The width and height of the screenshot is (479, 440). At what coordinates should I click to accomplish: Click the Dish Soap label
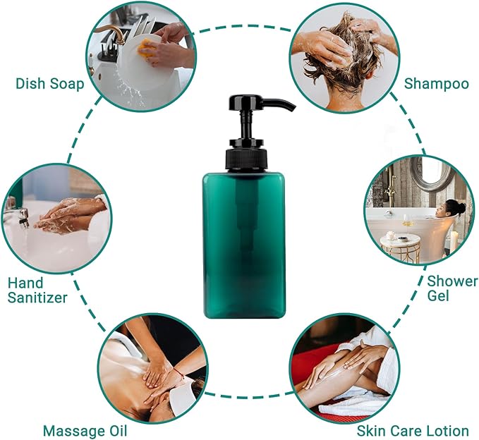point(49,84)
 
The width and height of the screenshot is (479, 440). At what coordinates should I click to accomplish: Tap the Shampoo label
point(436,84)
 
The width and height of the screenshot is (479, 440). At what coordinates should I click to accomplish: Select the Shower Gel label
point(452,288)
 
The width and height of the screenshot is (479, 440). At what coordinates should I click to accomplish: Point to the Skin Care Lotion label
point(413,431)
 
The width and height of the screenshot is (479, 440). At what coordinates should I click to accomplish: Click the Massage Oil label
point(85,431)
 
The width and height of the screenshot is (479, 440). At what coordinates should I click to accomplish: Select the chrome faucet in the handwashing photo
point(17,214)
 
